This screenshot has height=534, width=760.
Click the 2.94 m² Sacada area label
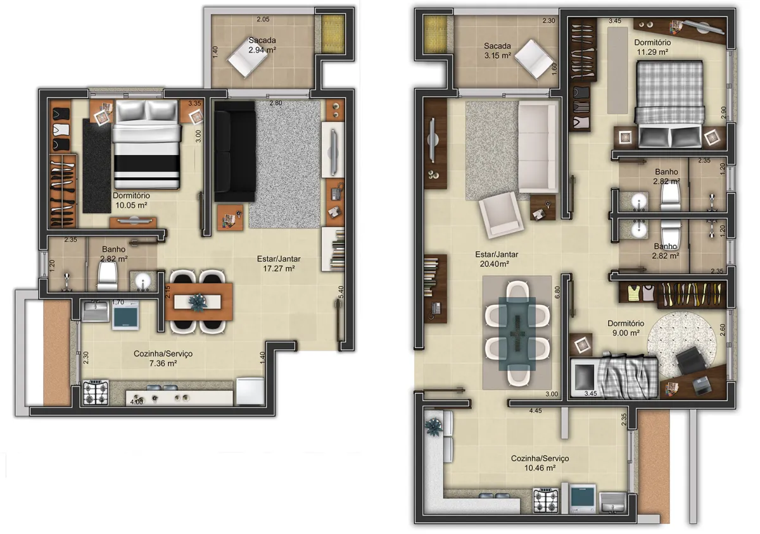coord(262,45)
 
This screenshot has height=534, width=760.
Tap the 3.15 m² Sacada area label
coord(497,51)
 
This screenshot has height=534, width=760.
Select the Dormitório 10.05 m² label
coord(131,201)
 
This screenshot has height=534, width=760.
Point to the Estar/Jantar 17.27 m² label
coord(279,263)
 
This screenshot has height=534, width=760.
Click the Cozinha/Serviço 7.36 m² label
coord(163,359)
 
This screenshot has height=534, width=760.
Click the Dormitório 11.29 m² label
coord(652,47)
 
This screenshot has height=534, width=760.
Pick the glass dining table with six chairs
coord(517,333)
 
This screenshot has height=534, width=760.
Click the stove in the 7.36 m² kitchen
coord(96,393)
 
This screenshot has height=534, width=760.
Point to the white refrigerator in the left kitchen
coord(250,391)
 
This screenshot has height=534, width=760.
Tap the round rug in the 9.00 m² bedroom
coord(683,344)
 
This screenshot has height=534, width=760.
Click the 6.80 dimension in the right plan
coord(557,294)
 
